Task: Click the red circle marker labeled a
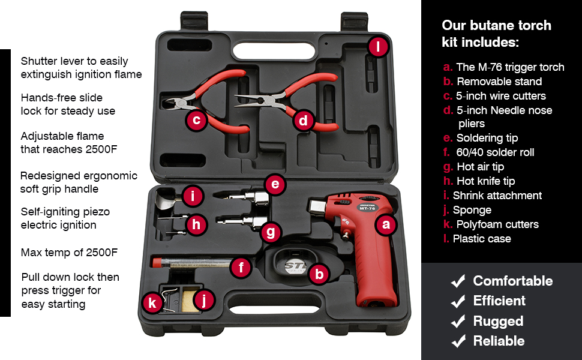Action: coord(386,224)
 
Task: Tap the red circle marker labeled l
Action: coord(378,47)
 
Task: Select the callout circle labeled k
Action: coord(152,302)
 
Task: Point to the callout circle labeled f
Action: coord(241,267)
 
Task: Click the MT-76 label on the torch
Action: coord(367,208)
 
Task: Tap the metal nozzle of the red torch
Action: coord(318,206)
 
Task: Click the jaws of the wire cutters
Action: coord(174,103)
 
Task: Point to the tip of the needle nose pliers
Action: coord(235,97)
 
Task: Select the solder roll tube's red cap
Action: coord(156,262)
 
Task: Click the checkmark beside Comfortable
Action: coord(458,281)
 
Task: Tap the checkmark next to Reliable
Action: coord(458,341)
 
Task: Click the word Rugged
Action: coord(498,322)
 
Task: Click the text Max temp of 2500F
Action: coord(69,253)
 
